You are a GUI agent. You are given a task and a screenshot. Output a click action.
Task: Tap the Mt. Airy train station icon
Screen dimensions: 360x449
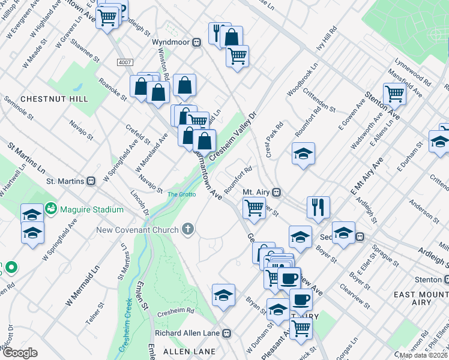click(x=277, y=192)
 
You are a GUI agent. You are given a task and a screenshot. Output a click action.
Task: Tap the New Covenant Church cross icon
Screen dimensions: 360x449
click(x=188, y=229)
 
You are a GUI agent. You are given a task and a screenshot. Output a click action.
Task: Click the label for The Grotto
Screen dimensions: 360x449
click(x=181, y=194)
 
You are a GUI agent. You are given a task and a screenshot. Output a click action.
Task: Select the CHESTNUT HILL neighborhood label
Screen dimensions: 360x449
click(x=54, y=98)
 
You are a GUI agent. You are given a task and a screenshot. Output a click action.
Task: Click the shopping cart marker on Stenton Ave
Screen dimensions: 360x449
click(x=394, y=93)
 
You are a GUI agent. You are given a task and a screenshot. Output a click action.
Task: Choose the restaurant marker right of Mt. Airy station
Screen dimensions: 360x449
click(x=318, y=206)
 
